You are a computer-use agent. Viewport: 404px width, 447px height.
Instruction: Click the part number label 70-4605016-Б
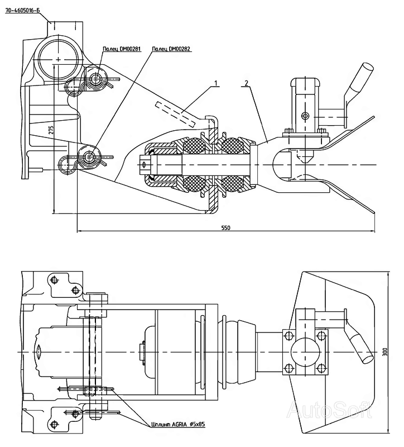pos(23,11)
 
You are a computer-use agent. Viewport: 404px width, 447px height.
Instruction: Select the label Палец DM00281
pos(122,49)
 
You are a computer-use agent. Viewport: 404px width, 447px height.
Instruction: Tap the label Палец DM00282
pos(171,49)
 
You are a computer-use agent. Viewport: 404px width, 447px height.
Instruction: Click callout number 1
pos(216,83)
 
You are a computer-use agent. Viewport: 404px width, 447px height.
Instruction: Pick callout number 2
pos(246,83)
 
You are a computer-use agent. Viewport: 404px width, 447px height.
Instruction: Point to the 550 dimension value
pos(225,228)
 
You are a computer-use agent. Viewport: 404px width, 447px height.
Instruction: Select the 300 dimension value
pos(385,352)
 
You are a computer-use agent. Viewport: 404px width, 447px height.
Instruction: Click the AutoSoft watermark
pos(329,411)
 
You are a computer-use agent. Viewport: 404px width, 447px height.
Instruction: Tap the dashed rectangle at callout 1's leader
pos(176,113)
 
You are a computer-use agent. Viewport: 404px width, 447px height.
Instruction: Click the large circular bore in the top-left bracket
pos(59,59)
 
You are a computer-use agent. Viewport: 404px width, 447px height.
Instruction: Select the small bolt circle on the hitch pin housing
pos(305,116)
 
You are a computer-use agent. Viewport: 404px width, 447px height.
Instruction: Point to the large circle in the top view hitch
pos(305,352)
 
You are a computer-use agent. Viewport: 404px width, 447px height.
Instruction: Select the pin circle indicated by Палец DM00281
pos(97,77)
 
